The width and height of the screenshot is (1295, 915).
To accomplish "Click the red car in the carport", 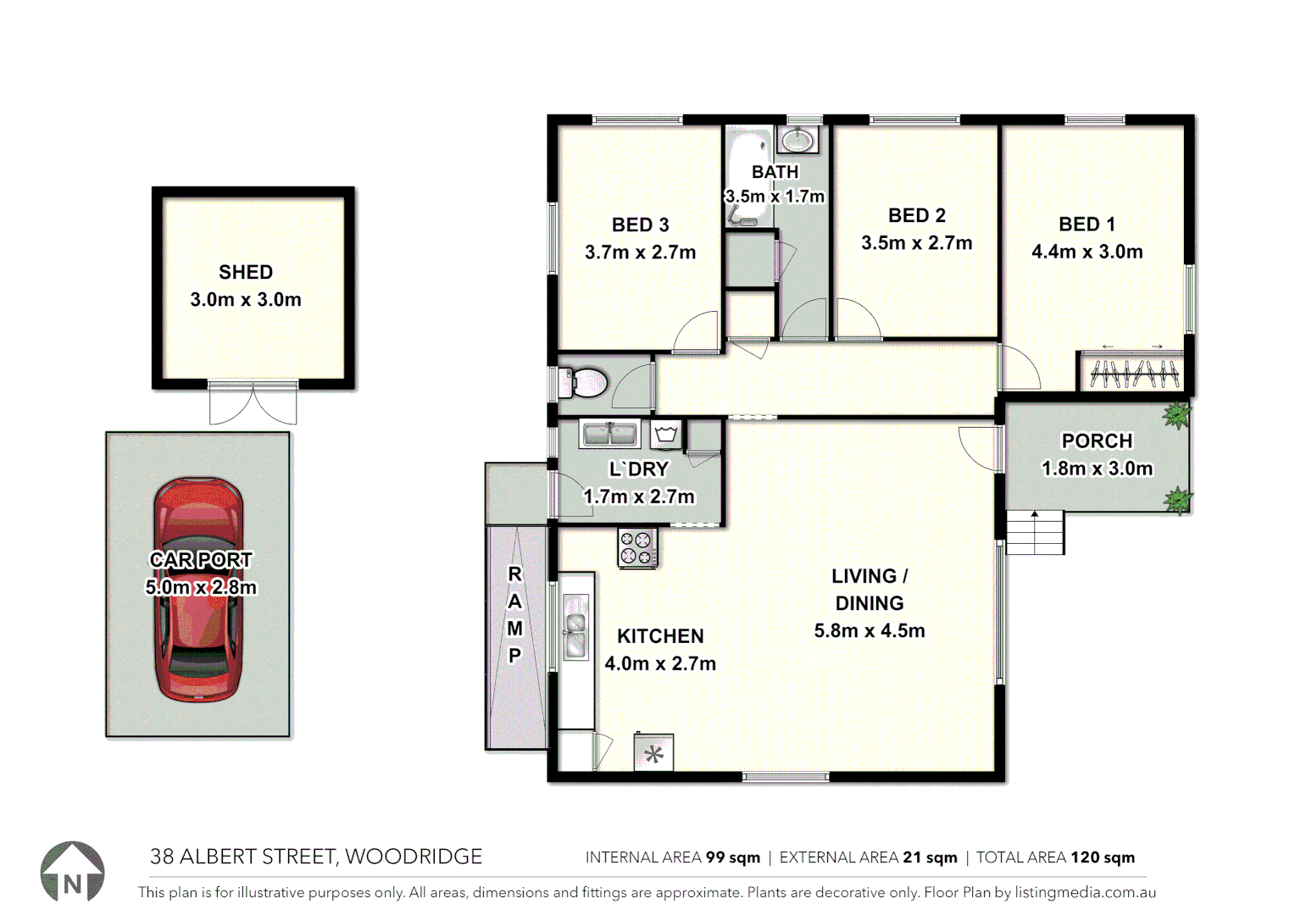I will click(198, 590).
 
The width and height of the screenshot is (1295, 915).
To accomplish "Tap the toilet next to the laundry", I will click(585, 383).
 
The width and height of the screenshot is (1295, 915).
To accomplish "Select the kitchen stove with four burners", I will click(637, 547).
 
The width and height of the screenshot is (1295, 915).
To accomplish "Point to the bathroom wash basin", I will click(798, 139).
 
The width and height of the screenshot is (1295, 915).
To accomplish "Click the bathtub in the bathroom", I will click(748, 178).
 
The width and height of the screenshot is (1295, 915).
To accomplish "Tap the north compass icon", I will click(73, 873).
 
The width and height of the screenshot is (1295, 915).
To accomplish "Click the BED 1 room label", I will click(1087, 225).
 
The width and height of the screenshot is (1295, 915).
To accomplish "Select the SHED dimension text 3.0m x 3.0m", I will click(246, 300).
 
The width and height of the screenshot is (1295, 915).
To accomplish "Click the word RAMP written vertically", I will click(514, 614).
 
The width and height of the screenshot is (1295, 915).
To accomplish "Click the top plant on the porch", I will click(1176, 415).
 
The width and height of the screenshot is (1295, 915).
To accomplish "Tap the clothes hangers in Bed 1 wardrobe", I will click(1133, 374).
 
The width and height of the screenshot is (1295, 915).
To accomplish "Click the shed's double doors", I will click(253, 403).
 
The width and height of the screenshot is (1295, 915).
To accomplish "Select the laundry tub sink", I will click(609, 435).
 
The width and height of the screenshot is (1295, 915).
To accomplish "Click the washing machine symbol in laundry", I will click(666, 435).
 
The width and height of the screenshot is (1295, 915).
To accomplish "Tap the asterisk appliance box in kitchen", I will click(653, 753).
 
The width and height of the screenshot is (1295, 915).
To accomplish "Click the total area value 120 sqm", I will click(1102, 857).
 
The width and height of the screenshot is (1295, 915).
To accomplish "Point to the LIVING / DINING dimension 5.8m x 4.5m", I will click(869, 631).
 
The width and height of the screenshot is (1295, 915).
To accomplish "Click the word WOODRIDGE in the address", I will click(414, 857).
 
